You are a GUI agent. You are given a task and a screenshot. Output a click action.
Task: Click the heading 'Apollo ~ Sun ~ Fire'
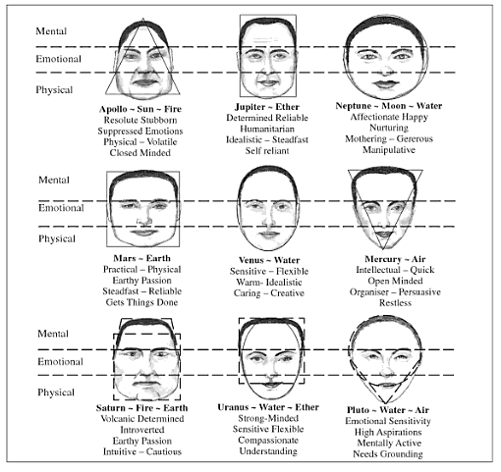point(140,109)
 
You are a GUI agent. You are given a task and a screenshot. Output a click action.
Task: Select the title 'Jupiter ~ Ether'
point(267,107)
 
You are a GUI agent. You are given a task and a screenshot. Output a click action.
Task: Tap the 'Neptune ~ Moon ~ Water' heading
point(389,106)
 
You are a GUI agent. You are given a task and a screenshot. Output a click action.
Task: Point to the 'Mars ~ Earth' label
point(141,258)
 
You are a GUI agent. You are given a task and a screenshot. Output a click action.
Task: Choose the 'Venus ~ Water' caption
point(269,260)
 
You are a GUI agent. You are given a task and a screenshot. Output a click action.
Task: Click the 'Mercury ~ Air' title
point(395,259)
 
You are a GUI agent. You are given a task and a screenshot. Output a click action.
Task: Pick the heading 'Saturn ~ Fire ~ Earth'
point(141,408)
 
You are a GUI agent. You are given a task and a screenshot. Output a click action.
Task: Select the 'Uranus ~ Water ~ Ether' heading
point(268,407)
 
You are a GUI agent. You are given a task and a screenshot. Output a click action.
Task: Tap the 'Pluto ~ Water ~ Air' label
point(388,410)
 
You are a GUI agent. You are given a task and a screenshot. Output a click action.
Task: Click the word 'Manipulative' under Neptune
point(389,150)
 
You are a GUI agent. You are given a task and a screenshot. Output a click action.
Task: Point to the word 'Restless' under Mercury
point(395,303)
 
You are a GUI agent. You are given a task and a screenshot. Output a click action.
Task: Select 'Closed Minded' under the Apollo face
point(140,153)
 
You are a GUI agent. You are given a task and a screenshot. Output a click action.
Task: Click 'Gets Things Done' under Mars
point(141,302)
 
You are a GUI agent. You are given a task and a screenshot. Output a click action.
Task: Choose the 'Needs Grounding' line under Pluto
point(388,454)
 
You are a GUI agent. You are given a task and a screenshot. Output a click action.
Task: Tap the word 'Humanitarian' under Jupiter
point(267,129)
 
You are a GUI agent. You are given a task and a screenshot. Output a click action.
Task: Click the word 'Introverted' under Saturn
point(141,430)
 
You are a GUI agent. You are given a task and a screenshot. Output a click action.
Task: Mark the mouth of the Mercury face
point(384,235)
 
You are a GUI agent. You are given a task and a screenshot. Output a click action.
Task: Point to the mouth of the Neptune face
point(386,83)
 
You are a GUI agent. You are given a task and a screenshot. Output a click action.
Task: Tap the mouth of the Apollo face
point(142,82)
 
